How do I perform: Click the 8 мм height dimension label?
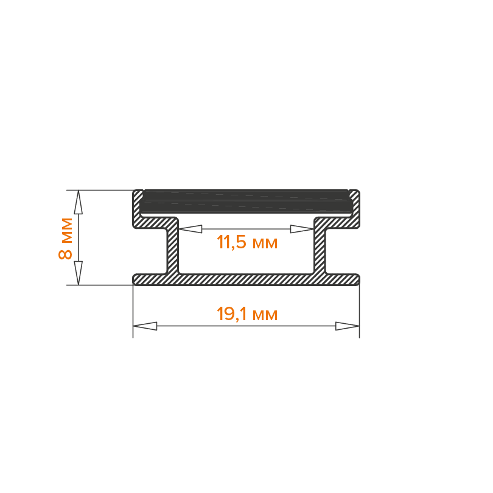coord(65,239)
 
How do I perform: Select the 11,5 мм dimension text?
coord(247,243)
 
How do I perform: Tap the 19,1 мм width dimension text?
coord(247,314)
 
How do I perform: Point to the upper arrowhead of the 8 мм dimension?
coord(79,202)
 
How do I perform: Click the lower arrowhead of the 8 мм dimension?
coord(79,273)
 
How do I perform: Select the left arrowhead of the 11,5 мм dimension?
coord(191,229)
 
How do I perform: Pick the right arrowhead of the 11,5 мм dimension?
coord(302,229)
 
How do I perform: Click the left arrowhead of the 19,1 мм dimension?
coord(145,326)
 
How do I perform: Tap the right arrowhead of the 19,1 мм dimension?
coord(347,326)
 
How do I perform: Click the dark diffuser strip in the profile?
coord(246,201)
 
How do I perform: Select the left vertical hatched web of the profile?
coord(173,246)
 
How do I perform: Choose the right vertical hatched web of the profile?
coord(320,246)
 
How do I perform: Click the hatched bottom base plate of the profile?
coord(246,279)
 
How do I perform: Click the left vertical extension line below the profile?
coord(133,312)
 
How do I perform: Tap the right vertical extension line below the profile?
coord(359,312)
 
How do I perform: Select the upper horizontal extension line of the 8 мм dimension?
coord(100,191)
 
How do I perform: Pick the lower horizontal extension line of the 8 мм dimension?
coord(100,285)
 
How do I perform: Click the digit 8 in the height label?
coord(65,254)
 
